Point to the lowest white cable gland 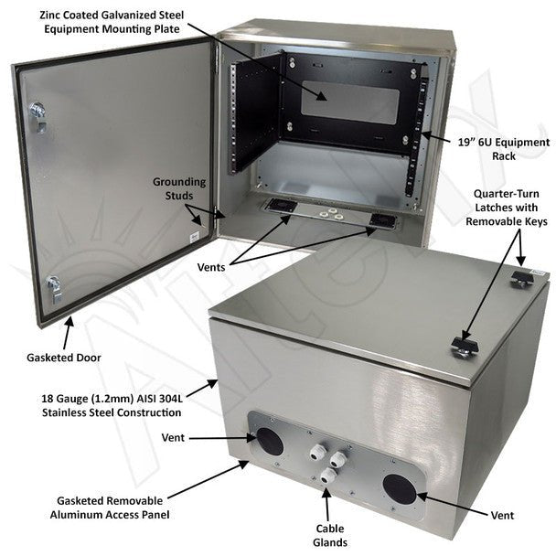[x=326, y=476]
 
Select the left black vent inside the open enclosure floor [x=282, y=206]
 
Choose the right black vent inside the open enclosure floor [x=381, y=222]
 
